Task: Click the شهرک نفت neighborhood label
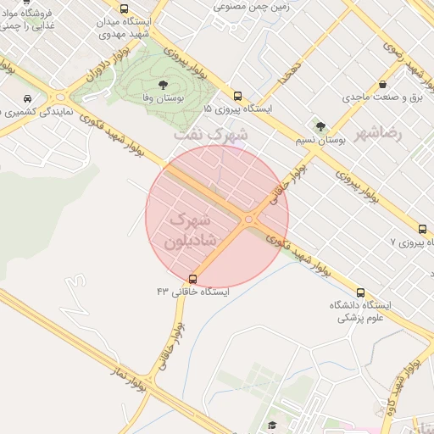(211, 134)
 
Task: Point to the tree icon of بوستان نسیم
(320, 126)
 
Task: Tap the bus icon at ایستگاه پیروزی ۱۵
(237, 97)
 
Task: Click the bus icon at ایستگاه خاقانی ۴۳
(193, 278)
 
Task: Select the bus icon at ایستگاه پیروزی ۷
(422, 229)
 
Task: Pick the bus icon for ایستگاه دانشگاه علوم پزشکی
(361, 292)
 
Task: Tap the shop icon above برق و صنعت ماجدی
(383, 84)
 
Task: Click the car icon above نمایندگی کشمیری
(30, 97)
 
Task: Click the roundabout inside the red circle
(248, 220)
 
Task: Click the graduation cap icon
(272, 426)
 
